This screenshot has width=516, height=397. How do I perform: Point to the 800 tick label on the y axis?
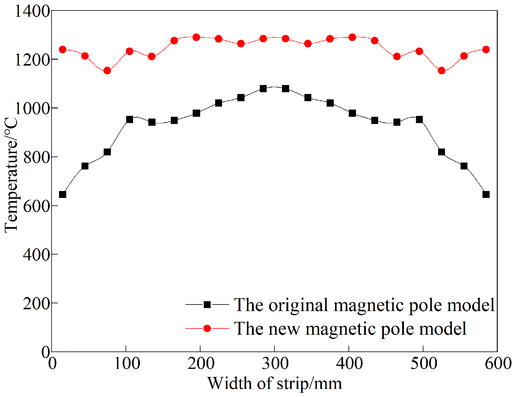[x=36, y=157]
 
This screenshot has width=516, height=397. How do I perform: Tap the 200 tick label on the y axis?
[x=36, y=303]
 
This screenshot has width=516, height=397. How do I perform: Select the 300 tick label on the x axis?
[x=275, y=363]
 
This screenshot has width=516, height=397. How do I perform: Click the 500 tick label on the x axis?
[x=423, y=363]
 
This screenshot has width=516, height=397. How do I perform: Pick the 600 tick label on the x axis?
[x=498, y=363]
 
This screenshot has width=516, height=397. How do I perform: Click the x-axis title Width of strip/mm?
[x=274, y=383]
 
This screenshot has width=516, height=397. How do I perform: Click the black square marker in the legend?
[x=207, y=305]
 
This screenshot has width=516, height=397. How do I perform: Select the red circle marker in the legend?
[x=207, y=328]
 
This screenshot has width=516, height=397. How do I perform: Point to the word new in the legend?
[x=284, y=329]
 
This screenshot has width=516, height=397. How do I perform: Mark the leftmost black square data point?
[x=63, y=195]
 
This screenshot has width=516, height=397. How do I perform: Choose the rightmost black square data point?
[x=486, y=195]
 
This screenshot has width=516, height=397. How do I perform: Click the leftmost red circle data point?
[x=63, y=49]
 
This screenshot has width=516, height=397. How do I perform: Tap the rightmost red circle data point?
[x=486, y=49]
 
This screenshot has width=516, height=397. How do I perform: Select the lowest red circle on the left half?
[x=107, y=71]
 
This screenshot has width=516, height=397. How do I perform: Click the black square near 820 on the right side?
[x=441, y=152]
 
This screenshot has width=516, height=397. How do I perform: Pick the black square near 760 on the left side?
[x=85, y=166]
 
